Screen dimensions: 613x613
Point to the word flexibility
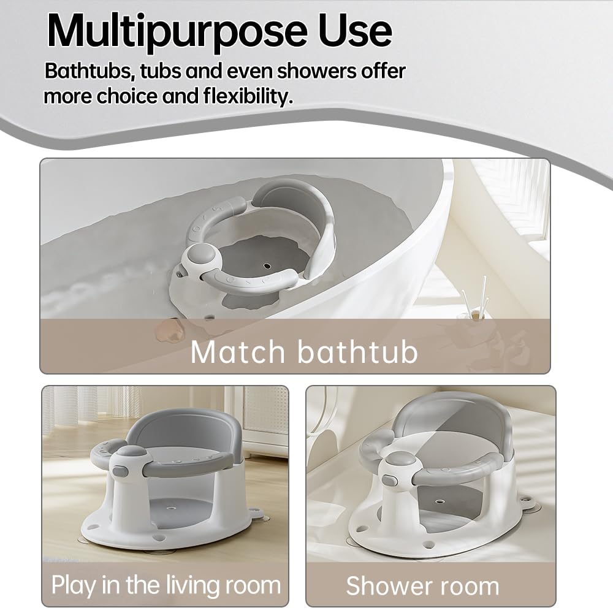248,96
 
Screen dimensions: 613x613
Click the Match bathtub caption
304,352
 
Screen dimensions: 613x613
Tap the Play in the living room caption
166,585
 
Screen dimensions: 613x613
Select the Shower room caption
422,586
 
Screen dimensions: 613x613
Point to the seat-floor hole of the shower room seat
440,501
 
